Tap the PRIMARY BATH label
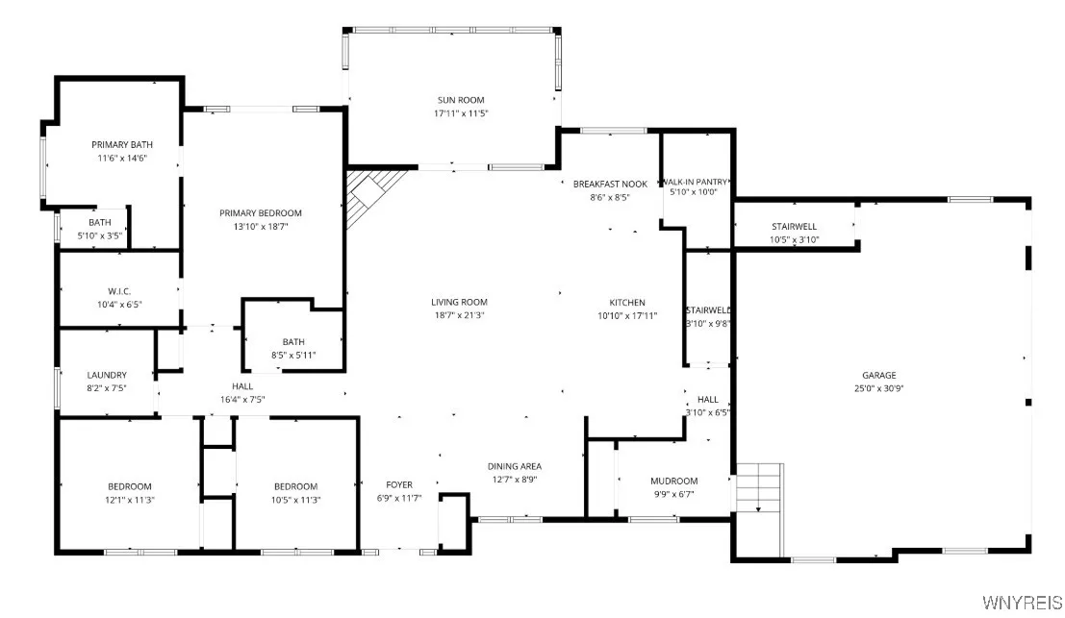pos(122,145)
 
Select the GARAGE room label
pos(878,376)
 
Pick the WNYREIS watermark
pos(1022,603)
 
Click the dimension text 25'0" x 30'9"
pos(878,389)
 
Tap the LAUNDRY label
pos(107,376)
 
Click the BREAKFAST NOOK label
pos(610,184)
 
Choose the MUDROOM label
pos(673,482)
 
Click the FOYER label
pos(399,485)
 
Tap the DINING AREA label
pos(515,466)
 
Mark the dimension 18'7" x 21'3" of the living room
pos(459,315)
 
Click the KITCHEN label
pos(627,303)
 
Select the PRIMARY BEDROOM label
pos(261,213)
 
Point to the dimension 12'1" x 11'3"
pos(129,500)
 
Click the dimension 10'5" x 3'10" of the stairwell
pos(795,240)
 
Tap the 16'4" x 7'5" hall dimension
pos(242,399)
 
